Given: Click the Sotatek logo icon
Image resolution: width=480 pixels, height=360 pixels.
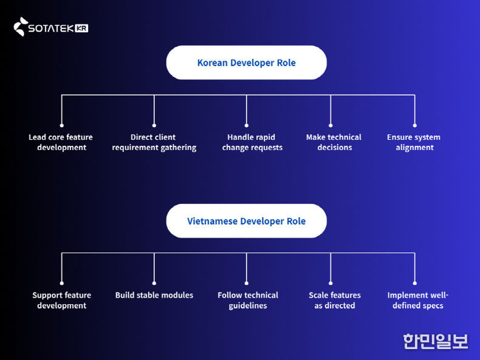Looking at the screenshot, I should tap(21, 27).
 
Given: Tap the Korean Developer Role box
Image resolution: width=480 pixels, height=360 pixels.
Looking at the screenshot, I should tap(246, 63).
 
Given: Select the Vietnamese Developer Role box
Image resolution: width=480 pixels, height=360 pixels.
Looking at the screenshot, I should tap(246, 221).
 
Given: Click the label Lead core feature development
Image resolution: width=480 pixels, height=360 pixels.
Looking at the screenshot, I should tap(61, 142).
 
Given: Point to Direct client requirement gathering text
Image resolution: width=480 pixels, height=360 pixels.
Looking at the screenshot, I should tap(154, 142).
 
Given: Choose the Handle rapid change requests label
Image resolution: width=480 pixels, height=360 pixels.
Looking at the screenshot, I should tap(252, 142).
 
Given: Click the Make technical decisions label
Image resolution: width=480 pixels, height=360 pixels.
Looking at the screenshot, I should tap(334, 142).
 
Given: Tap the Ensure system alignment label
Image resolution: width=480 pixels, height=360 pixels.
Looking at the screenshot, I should tap(414, 142).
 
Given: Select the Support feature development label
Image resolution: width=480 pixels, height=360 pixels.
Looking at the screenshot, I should tap(61, 301).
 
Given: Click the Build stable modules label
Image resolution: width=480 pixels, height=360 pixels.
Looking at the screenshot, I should tap(154, 295).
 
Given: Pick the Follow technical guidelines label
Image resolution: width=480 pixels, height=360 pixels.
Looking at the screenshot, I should tap(248, 301).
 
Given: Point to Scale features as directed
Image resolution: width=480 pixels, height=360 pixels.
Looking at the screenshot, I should tap(334, 301).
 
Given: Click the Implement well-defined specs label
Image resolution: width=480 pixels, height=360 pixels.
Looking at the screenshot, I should tap(417, 301).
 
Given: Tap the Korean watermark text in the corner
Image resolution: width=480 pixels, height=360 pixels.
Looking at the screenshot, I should tap(435, 341).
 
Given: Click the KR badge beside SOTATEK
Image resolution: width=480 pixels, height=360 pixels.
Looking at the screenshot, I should tap(82, 28).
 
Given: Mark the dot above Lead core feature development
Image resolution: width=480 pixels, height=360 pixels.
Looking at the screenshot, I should tap(61, 125).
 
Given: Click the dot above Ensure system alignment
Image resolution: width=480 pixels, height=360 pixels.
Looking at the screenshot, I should tap(415, 125).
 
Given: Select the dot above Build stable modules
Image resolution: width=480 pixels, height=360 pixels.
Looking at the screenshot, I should tap(154, 283).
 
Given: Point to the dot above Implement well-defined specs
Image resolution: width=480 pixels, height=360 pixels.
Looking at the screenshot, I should tap(415, 283).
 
